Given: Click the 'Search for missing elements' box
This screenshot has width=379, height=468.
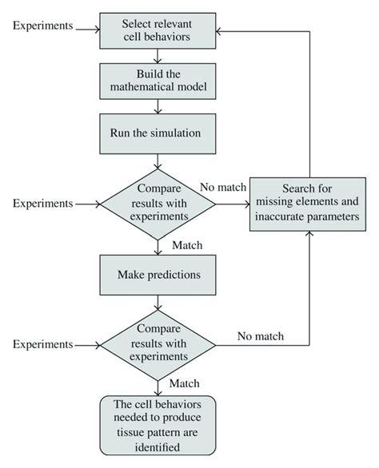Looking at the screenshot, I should (309, 205).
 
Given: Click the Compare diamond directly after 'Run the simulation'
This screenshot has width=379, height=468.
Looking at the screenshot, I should (158, 204).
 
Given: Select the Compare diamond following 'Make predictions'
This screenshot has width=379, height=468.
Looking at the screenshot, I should (158, 344).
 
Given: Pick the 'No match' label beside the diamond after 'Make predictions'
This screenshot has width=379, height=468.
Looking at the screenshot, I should (261, 335).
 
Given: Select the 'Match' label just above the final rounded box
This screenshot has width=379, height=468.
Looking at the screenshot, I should (186, 384).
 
